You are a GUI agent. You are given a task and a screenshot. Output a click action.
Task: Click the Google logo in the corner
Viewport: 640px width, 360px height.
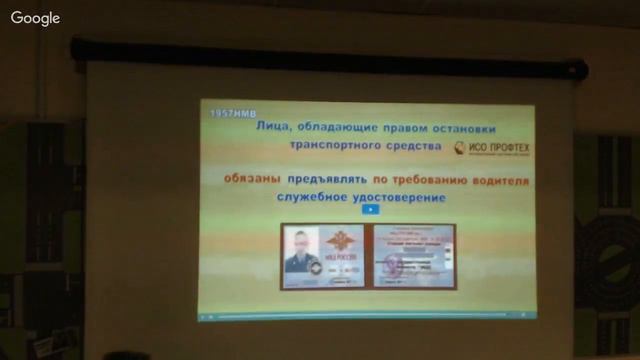[x=36, y=18]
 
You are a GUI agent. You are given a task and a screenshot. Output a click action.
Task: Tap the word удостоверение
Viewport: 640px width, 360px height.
[x=394, y=198]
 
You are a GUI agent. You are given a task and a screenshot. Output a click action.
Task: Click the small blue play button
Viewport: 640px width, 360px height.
[x=369, y=210]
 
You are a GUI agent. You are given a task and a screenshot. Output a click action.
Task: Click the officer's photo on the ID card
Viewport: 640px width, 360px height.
[x=299, y=250]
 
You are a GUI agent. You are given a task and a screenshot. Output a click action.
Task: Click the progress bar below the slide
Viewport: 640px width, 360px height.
[x=365, y=315]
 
